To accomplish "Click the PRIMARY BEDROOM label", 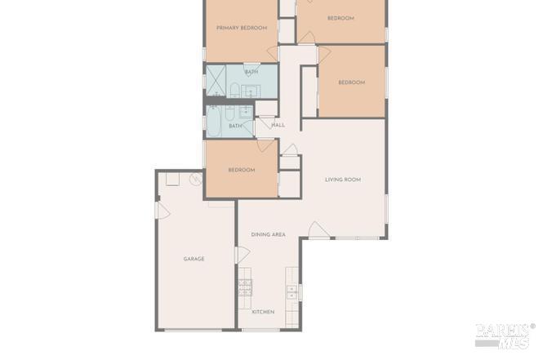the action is point(242,28).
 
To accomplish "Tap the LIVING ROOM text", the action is point(343,180).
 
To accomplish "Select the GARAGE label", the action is point(194,259).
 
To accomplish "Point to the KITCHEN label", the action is point(263,312).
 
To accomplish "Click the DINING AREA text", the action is point(269,234).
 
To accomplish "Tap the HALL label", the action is point(278,125).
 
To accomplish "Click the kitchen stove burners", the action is point(245,287).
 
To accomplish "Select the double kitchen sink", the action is point(292,292).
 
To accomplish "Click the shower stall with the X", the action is point(216,80).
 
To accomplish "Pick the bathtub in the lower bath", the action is point(214,122).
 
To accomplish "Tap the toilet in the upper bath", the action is point(235,90).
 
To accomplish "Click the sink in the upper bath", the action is point(251,91).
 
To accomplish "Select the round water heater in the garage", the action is point(196,180).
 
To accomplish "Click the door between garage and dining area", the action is point(243,255).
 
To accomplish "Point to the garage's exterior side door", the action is point(162,211).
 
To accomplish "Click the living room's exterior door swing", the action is point(318,230).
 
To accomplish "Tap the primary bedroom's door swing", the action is point(273,54).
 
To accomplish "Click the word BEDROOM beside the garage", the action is point(242,170).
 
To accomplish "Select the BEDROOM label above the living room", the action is point(351,82).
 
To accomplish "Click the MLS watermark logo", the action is point(504,336).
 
